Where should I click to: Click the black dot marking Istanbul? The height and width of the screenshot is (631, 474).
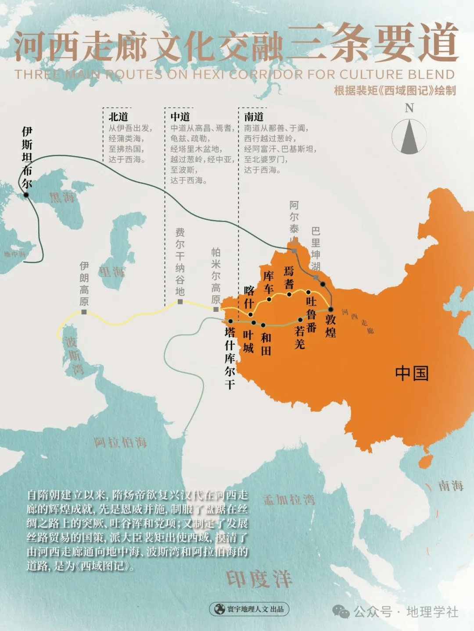tap(26, 195)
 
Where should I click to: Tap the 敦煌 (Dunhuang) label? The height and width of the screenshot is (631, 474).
tap(331, 326)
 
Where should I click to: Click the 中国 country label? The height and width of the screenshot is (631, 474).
tap(412, 373)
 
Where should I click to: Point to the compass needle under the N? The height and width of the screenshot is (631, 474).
tap(409, 136)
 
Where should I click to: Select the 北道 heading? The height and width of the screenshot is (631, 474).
tap(118, 117)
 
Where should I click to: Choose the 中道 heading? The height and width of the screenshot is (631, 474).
tap(180, 117)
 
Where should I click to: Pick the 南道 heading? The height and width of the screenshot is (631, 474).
tap(254, 117)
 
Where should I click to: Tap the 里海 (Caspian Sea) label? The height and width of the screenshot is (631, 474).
tap(111, 272)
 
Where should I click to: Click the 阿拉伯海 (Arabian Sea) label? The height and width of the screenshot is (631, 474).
tap(120, 442)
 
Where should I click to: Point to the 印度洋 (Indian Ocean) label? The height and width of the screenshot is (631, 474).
tap(259, 579)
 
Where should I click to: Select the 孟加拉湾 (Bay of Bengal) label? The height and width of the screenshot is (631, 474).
tap(289, 499)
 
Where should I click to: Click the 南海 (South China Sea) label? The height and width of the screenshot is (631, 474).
tap(451, 485)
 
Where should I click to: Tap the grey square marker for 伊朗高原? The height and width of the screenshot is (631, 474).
tap(84, 312)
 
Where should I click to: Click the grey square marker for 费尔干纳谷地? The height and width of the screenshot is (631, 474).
tap(180, 302)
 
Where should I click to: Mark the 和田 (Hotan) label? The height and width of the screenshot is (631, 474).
tap(266, 344)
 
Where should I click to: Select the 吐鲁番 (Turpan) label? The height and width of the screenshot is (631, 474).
tap(311, 314)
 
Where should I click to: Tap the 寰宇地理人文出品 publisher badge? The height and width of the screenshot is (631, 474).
tap(249, 609)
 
